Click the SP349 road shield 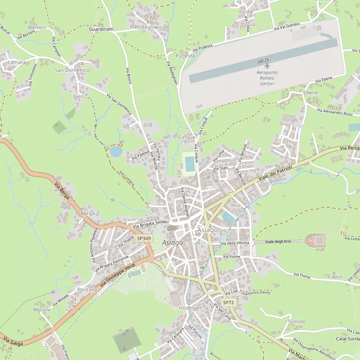144,239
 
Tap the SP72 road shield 228,303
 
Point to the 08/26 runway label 263,60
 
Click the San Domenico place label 72,70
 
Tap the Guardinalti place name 101,29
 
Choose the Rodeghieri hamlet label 148,27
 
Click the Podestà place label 185,56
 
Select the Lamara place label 17,62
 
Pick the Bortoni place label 37,28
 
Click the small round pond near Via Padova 115,151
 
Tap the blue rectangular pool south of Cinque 189,164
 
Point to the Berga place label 88,213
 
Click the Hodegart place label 190,308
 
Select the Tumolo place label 296,322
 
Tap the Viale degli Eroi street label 278,241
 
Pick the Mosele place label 42,310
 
